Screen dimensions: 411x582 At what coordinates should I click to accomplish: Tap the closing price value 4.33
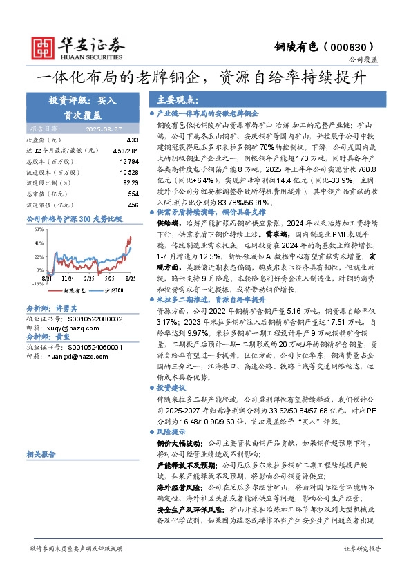tap(133, 140)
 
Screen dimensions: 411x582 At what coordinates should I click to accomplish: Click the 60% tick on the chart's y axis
tap(38, 227)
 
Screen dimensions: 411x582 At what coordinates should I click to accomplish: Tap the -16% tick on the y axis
tap(37, 283)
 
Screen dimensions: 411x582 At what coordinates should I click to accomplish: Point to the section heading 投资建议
tap(173, 388)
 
